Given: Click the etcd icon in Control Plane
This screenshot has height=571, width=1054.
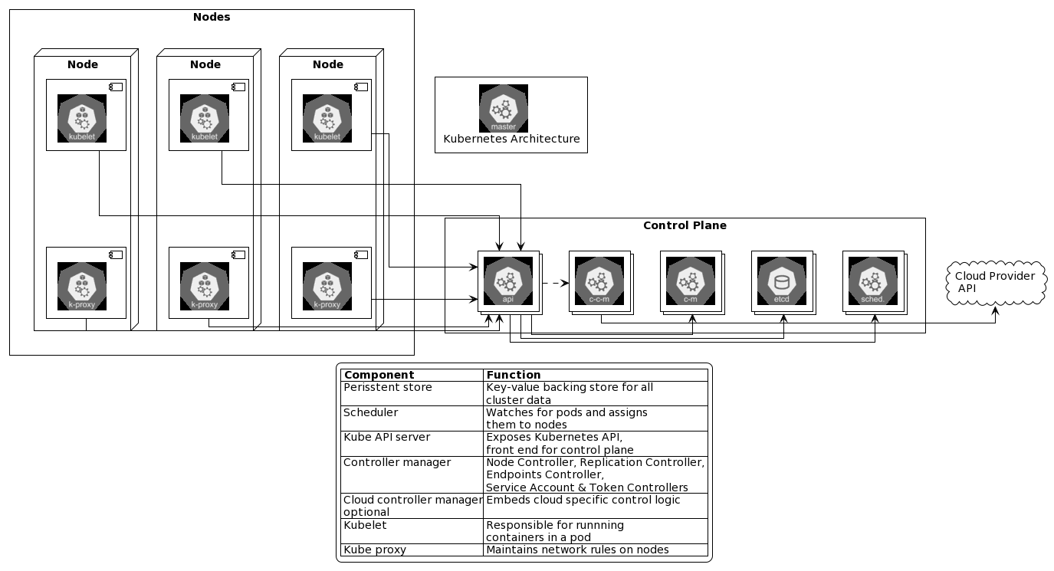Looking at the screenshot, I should [x=781, y=281].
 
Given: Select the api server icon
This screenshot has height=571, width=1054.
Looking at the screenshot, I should [x=507, y=281].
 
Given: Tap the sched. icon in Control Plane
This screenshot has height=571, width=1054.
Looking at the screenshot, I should [x=872, y=281].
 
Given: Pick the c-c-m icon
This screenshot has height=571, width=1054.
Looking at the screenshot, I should [x=599, y=281].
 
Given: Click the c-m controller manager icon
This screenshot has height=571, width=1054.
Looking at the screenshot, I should [x=690, y=281].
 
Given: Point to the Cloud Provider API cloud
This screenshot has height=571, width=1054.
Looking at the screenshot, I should [x=996, y=282].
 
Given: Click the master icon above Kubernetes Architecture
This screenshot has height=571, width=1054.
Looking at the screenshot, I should [x=504, y=108].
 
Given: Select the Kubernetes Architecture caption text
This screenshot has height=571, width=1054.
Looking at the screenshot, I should [x=511, y=139].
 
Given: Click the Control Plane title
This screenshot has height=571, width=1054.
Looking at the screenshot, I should [x=685, y=225].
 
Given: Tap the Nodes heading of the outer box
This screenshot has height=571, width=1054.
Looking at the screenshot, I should [x=212, y=17].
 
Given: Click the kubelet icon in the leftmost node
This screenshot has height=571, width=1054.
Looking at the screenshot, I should [x=82, y=119].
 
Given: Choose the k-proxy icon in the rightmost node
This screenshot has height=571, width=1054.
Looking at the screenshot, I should [x=327, y=286].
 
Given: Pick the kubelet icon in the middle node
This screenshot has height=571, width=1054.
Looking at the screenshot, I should [x=205, y=119].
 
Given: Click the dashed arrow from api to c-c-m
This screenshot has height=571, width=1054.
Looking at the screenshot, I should [x=555, y=283].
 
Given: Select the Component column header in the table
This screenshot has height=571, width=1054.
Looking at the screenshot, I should [x=379, y=375].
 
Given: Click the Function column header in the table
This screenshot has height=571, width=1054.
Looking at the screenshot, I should [x=514, y=375].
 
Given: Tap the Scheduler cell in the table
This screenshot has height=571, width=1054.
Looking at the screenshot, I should [x=371, y=412].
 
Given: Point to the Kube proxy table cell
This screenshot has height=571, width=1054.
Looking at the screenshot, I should [x=375, y=550].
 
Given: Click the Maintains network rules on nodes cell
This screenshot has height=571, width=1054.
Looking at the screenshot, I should [x=577, y=550].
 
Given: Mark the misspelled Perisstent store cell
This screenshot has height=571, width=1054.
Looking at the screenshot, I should [x=388, y=388].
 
